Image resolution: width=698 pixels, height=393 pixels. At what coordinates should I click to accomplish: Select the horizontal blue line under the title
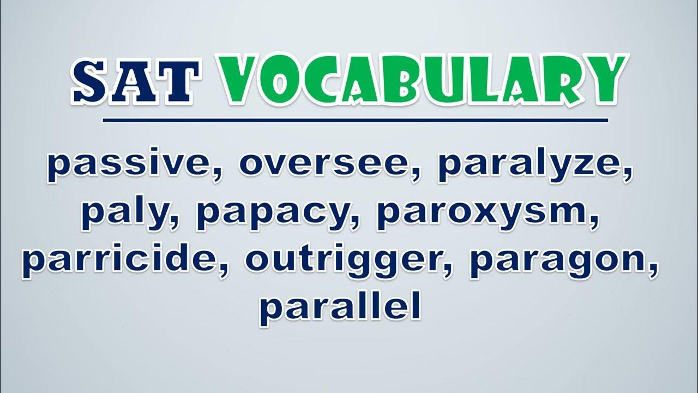coord(355,121)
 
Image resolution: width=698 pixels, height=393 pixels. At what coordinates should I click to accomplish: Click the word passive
coord(130,165)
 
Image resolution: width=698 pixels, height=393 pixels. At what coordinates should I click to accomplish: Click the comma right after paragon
coord(652,271)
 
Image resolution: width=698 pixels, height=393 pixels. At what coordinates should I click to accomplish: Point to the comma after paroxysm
coord(594,223)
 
